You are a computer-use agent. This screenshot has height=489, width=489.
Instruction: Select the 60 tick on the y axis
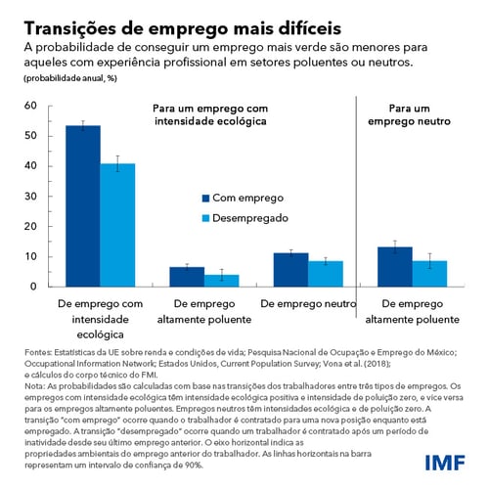29,106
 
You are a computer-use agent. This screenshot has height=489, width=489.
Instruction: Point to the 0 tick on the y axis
33,287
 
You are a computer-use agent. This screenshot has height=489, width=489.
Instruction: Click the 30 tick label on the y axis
29,197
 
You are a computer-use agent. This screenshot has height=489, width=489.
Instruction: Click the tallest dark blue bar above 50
83,205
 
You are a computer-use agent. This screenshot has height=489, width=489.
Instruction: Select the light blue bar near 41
117,225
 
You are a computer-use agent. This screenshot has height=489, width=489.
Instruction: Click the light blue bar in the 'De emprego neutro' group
326,274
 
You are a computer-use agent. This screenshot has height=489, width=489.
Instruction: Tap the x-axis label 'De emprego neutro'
309,303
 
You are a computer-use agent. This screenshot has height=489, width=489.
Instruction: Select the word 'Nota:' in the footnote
35,378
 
